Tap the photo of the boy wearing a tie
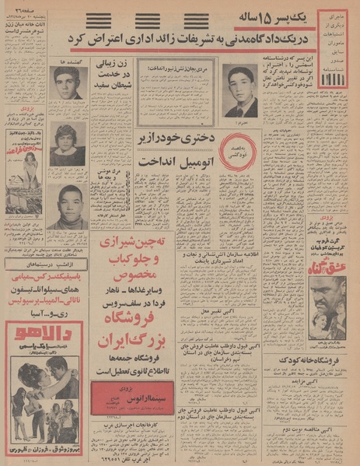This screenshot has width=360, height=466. (240, 90)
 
